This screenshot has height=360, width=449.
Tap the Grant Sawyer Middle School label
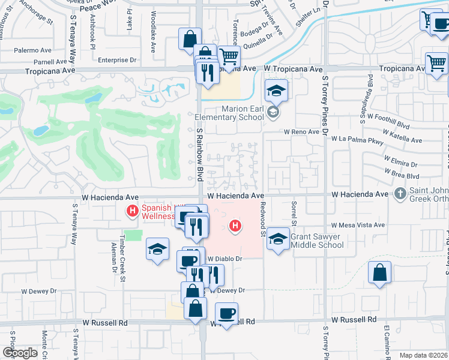click(317, 241)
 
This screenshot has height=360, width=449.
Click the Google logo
click(20, 353)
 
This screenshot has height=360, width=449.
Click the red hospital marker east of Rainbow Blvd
click(236, 226)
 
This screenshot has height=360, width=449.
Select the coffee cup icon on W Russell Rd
click(226, 314)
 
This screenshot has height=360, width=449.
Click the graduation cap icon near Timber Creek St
click(157, 249)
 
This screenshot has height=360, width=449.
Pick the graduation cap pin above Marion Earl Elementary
click(276, 91)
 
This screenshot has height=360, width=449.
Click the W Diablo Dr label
click(224, 259)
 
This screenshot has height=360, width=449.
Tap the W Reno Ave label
click(302, 131)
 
